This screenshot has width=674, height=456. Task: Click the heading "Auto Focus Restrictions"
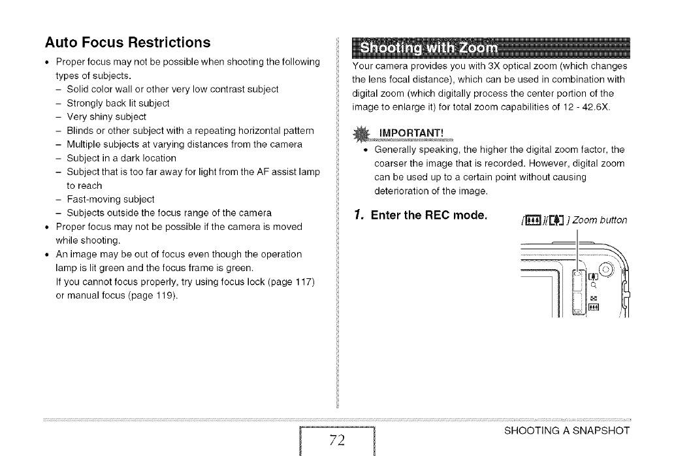(x=127, y=42)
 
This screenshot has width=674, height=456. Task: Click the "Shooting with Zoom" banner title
(x=428, y=48)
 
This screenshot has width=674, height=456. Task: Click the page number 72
(x=337, y=438)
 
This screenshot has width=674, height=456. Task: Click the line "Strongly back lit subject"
(x=118, y=103)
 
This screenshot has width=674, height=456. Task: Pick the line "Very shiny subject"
(x=106, y=116)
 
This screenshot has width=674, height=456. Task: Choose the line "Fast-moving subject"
(x=110, y=199)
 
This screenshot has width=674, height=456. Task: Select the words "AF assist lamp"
(x=291, y=172)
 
